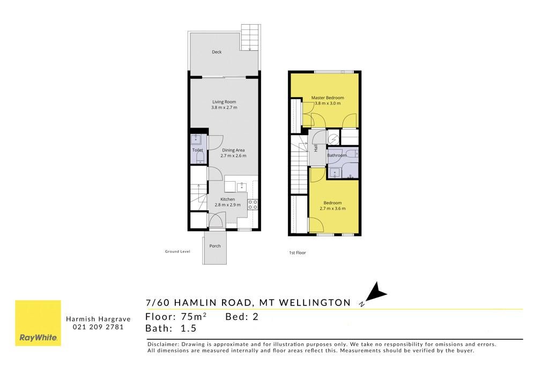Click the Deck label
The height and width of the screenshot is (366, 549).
pos(217,52)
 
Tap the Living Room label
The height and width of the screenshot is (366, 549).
pos(224,102)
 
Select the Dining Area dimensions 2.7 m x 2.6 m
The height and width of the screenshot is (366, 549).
pos(233,156)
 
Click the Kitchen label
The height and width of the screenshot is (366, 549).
pos(227,199)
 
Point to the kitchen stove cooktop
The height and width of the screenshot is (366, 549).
pos(253,205)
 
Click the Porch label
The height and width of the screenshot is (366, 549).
pos(215,246)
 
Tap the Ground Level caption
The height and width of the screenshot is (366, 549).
pos(177,251)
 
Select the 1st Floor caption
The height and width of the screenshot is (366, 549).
pos(298,252)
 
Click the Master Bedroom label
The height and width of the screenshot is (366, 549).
pos(328,98)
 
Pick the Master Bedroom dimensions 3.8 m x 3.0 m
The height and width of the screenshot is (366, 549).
pos(328,103)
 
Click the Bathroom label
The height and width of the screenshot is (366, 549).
pos(337,155)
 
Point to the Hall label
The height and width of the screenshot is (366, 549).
pos(316,148)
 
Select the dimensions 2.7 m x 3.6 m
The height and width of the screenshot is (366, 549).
pos(332,208)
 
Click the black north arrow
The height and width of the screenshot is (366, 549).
pos(376,292)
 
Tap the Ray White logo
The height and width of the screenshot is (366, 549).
pos(38,323)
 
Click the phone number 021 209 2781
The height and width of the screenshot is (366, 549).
pos(98,327)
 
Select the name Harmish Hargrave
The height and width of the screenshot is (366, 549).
pos(98,319)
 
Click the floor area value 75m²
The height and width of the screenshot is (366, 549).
pos(194,317)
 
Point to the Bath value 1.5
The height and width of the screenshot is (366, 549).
pos(188,328)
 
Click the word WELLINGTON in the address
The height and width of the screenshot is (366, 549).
pos(315,303)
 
